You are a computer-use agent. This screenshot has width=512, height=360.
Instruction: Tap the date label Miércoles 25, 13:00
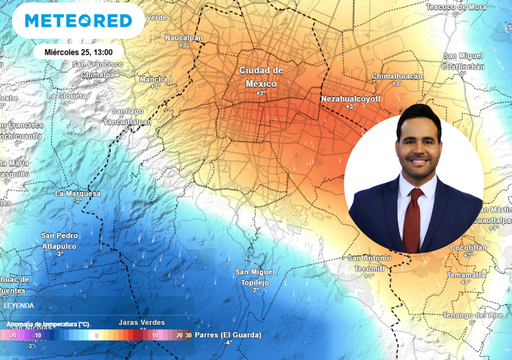point(78,51)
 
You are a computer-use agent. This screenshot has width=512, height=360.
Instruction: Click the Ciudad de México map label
point(261,77)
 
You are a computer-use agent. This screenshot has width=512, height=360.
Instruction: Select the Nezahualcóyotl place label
point(352,99)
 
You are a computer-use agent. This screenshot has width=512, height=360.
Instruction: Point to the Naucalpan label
point(183,38)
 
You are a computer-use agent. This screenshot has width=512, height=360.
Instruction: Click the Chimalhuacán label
point(397,76)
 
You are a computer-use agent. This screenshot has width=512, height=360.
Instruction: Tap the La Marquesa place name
point(78,193)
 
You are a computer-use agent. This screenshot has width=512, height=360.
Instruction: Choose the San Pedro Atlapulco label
point(59,241)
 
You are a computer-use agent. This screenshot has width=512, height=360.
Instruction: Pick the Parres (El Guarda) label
point(228,335)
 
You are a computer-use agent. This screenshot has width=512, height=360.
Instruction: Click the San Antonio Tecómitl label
point(367,263)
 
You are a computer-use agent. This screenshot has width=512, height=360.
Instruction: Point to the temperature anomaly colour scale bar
point(95,336)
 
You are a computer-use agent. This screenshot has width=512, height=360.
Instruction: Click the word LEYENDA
point(18,304)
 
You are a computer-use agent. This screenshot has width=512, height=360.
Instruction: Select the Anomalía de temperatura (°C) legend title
point(47,324)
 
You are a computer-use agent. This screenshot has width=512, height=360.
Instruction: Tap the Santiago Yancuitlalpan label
point(128,115)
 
